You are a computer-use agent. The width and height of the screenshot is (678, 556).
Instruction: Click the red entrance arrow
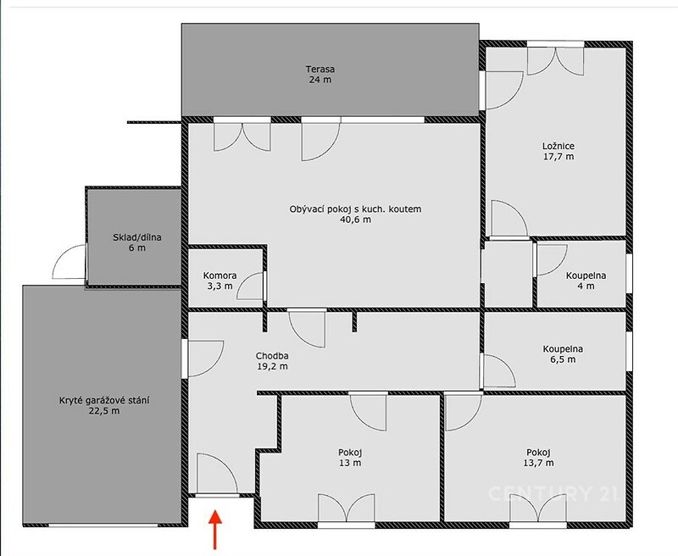(x=215, y=530)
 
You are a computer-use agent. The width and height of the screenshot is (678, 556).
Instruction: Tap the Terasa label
(x=320, y=69)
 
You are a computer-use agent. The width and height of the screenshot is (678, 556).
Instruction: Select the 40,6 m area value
(x=355, y=220)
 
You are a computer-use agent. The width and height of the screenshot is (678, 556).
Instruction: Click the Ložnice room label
(x=559, y=146)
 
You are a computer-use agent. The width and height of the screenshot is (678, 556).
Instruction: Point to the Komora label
(x=220, y=275)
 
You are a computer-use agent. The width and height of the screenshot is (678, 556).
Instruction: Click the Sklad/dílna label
(x=137, y=237)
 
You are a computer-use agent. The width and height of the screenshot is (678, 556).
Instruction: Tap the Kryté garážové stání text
(x=104, y=400)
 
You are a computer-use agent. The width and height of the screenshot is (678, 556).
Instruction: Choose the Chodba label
(x=272, y=356)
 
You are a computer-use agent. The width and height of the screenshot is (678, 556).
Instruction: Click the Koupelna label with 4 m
(x=586, y=275)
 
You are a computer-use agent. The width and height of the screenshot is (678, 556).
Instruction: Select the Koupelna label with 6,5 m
(x=563, y=349)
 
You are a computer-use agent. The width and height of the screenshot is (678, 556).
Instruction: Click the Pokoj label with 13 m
(x=350, y=453)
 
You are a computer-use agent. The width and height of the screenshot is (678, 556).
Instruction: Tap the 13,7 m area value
(x=538, y=463)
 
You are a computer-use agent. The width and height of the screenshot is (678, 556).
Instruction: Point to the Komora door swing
(x=251, y=286)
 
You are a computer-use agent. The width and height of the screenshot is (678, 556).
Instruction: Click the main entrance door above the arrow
(x=217, y=474)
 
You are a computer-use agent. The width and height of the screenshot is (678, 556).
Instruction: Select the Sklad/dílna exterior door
(x=69, y=261)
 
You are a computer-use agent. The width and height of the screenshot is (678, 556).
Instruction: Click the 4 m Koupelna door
(x=552, y=260)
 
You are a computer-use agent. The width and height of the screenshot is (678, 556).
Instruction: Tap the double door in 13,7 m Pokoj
(x=538, y=509)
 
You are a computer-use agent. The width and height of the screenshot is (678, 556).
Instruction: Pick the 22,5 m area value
(x=104, y=411)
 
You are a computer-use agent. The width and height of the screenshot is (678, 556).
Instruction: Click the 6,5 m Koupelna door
(x=497, y=371)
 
